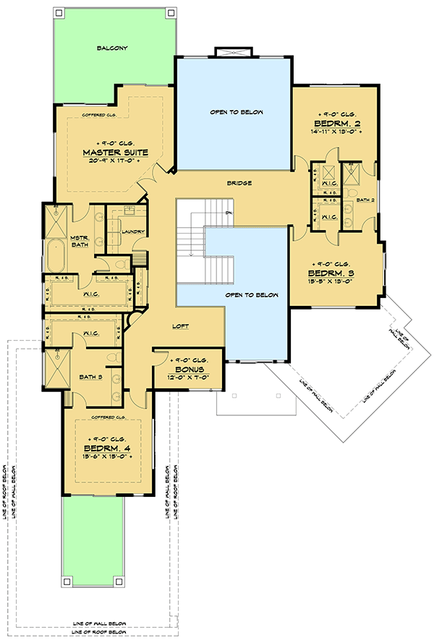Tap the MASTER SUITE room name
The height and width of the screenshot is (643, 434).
coord(116,153)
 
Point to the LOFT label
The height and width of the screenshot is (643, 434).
coord(181,326)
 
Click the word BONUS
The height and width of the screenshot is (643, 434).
coord(188,368)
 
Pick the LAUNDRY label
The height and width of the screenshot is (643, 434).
coord(135,231)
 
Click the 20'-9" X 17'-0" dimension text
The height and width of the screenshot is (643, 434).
coord(115,162)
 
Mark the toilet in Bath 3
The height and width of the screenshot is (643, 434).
coord(111,358)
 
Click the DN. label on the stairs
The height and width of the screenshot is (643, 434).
coord(228,213)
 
